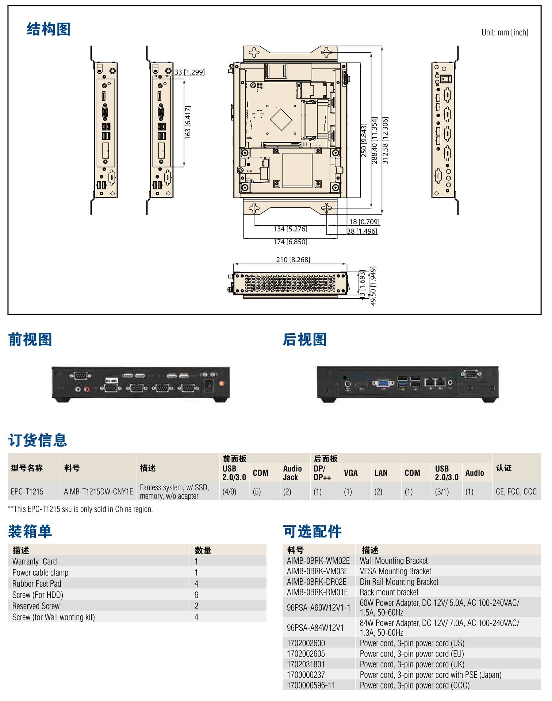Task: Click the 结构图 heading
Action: click(48, 29)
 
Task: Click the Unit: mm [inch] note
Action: click(505, 32)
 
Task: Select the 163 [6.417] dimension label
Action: click(188, 122)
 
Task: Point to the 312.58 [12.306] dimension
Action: click(386, 140)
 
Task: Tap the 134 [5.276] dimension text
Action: click(290, 229)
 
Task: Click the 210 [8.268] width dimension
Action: click(293, 260)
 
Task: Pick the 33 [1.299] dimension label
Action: click(189, 72)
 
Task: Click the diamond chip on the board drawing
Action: click(281, 120)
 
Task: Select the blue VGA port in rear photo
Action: click(383, 383)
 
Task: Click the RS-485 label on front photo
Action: click(111, 381)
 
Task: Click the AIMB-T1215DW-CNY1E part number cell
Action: click(98, 492)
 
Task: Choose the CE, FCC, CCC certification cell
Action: click(516, 492)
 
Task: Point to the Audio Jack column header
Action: click(292, 473)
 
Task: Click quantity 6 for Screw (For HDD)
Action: click(196, 595)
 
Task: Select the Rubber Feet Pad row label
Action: click(37, 584)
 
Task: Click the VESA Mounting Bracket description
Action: click(395, 571)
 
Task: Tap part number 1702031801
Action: click(306, 664)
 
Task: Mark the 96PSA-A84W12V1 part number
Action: click(315, 628)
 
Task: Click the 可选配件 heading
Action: click(312, 532)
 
